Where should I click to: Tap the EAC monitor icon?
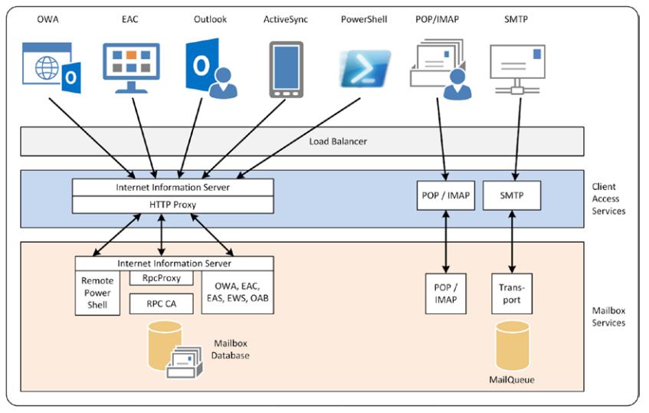tap(131, 67)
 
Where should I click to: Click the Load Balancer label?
tap(338, 142)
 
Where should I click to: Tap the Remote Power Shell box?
tap(97, 292)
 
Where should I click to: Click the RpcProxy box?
tap(162, 278)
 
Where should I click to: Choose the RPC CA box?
tap(162, 303)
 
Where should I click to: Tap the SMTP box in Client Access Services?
tap(512, 195)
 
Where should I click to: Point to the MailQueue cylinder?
tap(511, 346)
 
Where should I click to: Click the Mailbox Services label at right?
tap(608, 316)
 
